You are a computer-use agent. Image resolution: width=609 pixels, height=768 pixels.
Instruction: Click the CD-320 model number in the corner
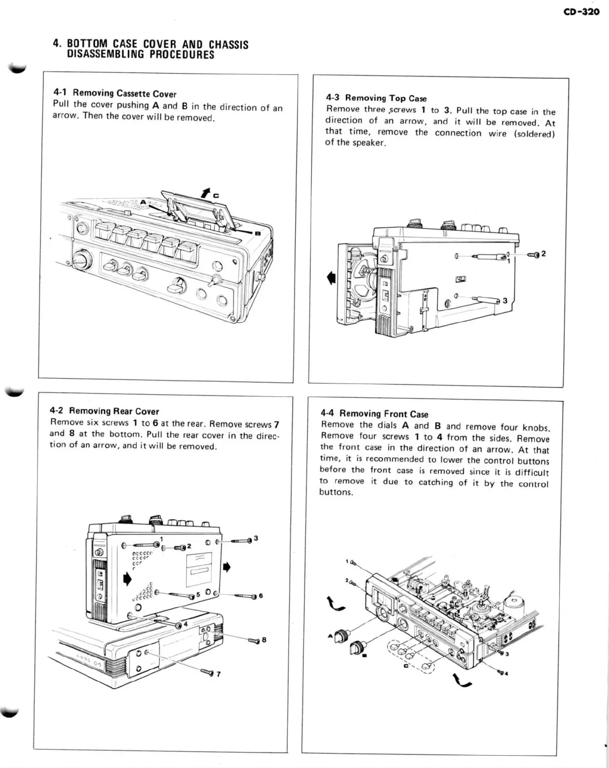point(581,11)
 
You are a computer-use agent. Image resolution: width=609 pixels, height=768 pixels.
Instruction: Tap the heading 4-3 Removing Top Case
point(376,98)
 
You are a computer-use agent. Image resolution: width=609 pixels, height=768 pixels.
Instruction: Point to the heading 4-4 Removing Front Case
point(374,414)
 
